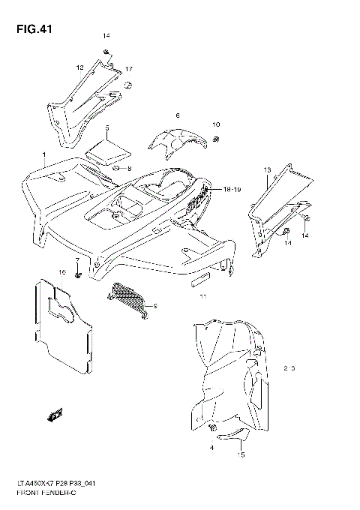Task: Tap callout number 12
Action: (79, 67)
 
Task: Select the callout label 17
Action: (129, 69)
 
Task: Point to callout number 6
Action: (178, 115)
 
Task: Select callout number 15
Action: (241, 454)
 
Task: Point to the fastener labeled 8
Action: (117, 169)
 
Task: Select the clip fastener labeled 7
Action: (77, 277)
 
